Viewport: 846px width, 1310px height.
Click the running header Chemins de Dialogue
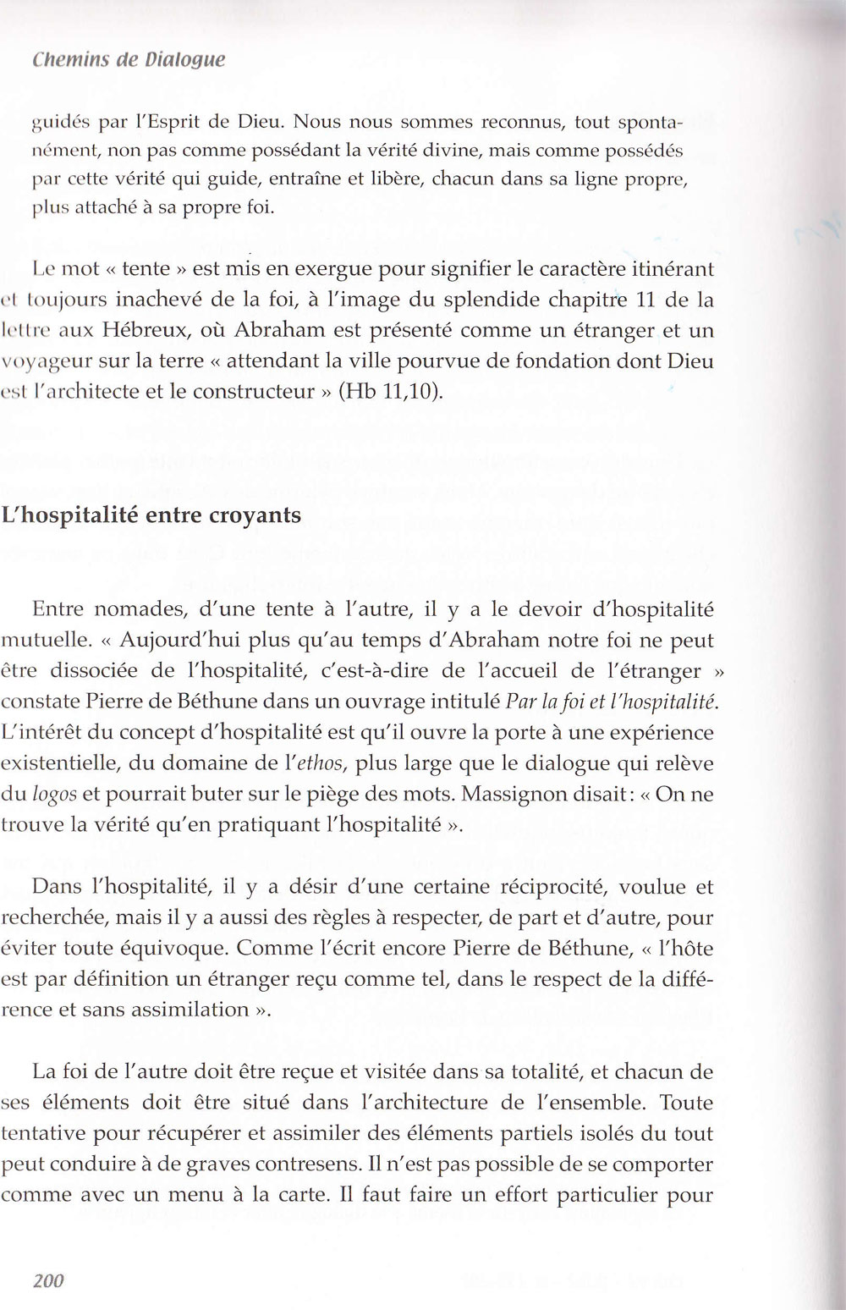point(129,61)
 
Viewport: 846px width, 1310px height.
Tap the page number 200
point(48,1280)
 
